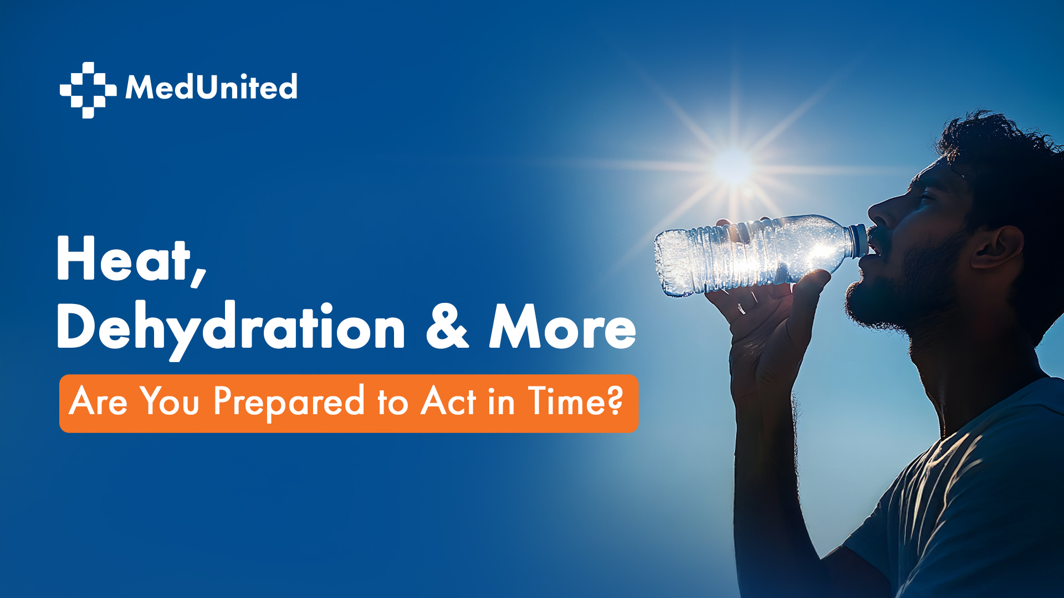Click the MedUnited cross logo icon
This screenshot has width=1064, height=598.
click(x=88, y=90)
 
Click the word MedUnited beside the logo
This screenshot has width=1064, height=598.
click(x=211, y=87)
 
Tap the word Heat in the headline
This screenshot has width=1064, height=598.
click(x=123, y=259)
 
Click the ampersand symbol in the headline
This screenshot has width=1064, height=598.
click(x=447, y=327)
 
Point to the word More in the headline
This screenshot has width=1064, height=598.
click(x=562, y=327)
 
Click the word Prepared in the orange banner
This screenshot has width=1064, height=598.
click(x=289, y=402)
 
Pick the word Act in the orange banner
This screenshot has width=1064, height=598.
click(x=448, y=400)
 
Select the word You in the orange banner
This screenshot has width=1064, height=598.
click(x=169, y=400)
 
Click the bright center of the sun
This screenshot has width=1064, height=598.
click(x=733, y=166)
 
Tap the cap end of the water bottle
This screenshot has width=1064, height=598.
click(x=859, y=241)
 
